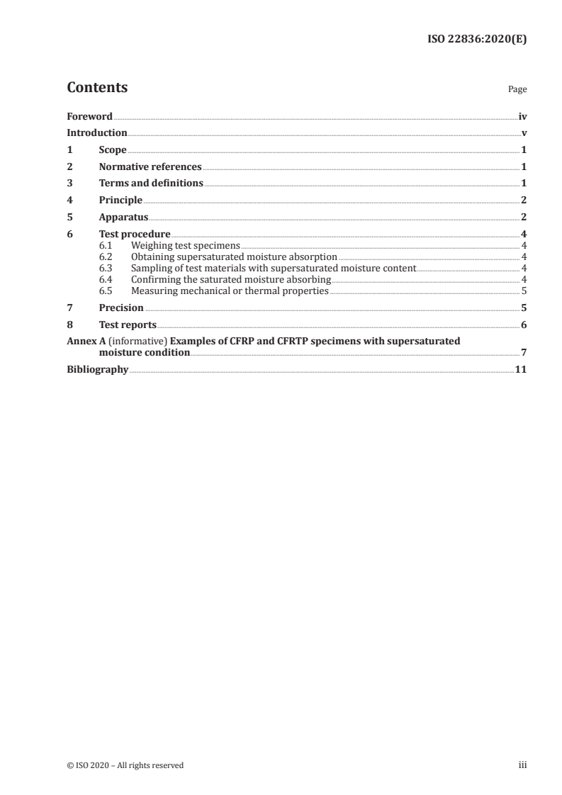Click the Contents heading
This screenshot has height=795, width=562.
(x=97, y=88)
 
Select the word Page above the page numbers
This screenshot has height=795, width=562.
(x=517, y=90)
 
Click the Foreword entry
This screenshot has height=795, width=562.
(x=89, y=116)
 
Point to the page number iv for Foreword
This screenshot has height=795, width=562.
(x=522, y=116)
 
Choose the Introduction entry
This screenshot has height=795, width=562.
(x=97, y=133)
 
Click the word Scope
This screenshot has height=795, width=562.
(x=113, y=150)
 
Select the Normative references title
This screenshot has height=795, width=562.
(x=150, y=167)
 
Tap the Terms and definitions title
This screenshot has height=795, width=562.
(x=151, y=184)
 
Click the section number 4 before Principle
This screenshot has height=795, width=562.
(x=69, y=201)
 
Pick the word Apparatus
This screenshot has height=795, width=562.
(x=123, y=217)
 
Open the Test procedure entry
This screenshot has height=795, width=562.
(x=135, y=234)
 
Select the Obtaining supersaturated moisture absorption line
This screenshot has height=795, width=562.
(x=234, y=256)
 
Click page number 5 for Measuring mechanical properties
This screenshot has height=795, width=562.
(x=524, y=291)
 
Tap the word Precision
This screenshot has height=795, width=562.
(x=121, y=308)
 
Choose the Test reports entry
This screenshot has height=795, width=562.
(x=128, y=325)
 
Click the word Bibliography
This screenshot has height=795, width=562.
(x=97, y=370)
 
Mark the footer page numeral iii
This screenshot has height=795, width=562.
(x=523, y=765)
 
